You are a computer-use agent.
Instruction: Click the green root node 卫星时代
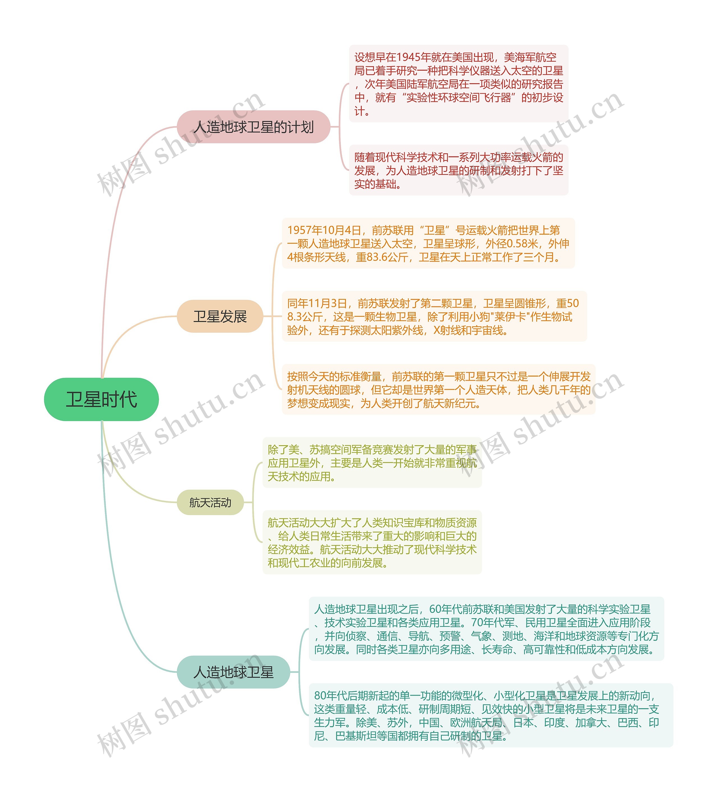point(102,399)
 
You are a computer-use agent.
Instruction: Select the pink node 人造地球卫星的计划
point(254,127)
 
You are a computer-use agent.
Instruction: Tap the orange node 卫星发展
point(220,316)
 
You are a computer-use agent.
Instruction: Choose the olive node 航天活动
point(210,502)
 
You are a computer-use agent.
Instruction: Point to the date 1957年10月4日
point(324,230)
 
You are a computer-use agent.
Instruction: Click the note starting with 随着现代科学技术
point(458,170)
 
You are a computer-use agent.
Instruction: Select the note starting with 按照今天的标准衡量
point(439,390)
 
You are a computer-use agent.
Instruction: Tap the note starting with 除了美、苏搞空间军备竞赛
point(372,463)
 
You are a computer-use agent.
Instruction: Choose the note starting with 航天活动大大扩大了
point(372,542)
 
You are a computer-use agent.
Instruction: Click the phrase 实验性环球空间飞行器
point(459,98)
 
